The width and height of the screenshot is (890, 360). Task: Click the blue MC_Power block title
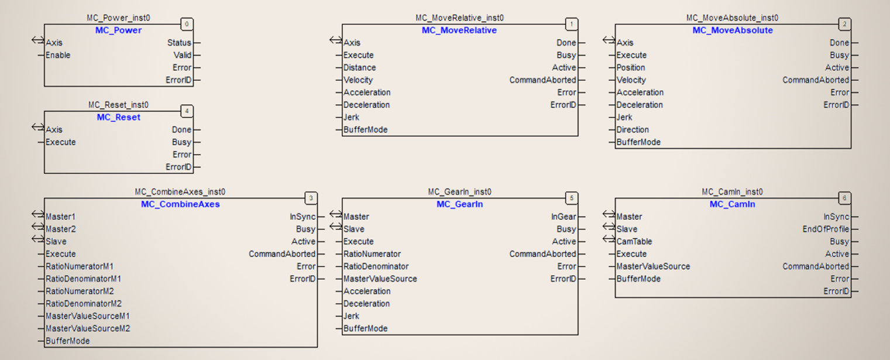(118, 30)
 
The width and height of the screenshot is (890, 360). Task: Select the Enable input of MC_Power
(58, 55)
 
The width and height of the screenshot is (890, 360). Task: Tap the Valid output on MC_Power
(183, 55)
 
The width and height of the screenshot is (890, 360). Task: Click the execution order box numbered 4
(187, 111)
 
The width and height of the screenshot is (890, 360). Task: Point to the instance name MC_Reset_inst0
(118, 105)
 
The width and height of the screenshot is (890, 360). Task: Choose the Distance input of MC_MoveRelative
(359, 67)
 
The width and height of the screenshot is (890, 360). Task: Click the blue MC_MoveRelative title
(459, 30)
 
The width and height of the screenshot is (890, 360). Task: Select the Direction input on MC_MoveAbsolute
(633, 129)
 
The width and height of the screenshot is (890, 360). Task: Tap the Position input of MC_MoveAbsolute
(631, 67)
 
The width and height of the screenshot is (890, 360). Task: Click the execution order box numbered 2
(844, 25)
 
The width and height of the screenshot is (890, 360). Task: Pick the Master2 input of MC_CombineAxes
(60, 229)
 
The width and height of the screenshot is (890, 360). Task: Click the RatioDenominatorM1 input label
(83, 279)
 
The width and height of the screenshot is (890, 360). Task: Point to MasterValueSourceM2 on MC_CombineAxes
(88, 328)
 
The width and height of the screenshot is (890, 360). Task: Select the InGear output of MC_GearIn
(563, 217)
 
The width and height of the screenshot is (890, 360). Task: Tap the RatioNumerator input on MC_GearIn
(372, 254)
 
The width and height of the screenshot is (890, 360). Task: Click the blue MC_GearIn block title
(459, 204)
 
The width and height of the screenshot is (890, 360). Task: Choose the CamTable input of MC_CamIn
(634, 241)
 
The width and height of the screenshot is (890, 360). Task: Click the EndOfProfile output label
(825, 229)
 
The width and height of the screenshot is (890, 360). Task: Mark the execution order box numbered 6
(844, 198)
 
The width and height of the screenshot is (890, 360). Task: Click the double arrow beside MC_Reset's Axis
(38, 127)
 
